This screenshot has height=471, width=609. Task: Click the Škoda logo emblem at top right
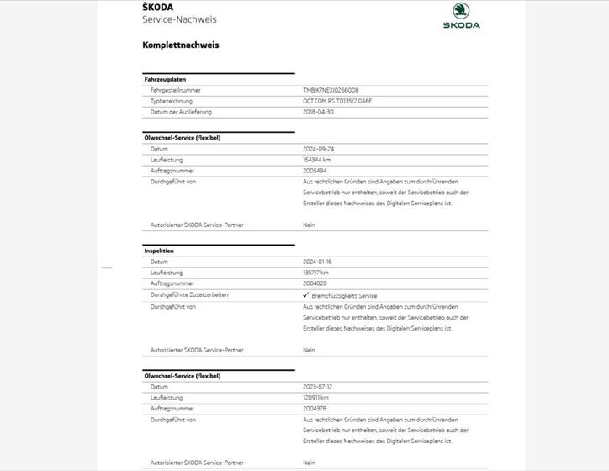click(x=461, y=11)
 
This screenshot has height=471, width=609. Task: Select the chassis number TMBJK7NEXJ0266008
click(x=331, y=90)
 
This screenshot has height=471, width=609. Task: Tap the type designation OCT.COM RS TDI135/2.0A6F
click(x=337, y=101)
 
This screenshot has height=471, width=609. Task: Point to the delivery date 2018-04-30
click(x=318, y=112)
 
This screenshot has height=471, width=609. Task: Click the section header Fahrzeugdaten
click(x=165, y=79)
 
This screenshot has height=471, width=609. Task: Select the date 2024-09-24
click(x=318, y=149)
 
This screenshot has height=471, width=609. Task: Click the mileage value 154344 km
click(x=317, y=160)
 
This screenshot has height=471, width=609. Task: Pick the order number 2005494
click(x=315, y=171)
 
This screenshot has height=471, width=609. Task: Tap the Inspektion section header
click(x=159, y=251)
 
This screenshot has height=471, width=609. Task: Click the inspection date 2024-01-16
click(x=318, y=262)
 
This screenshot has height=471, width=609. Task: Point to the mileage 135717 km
click(x=316, y=273)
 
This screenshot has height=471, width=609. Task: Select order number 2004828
click(x=315, y=283)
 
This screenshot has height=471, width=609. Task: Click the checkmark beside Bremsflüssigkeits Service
click(x=306, y=296)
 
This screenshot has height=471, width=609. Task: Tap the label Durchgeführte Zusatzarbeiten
click(x=189, y=295)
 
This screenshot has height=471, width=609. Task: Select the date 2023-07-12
click(x=318, y=387)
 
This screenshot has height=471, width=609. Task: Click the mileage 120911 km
click(x=316, y=398)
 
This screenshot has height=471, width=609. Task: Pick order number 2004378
click(x=315, y=409)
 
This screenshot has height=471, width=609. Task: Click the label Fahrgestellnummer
click(x=176, y=90)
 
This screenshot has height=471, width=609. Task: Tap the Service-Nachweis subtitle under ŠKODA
click(x=179, y=19)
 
